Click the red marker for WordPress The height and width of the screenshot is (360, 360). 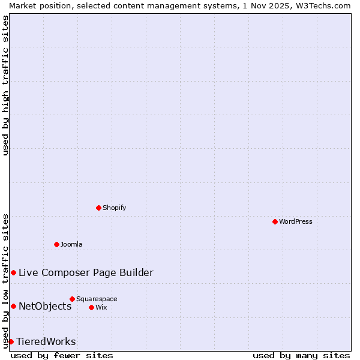(x=275, y=221)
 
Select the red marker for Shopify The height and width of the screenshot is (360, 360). (x=98, y=208)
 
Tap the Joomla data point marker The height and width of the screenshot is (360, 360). (x=56, y=244)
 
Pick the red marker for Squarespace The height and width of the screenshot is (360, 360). (x=72, y=299)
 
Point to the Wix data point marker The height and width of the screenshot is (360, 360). (x=91, y=307)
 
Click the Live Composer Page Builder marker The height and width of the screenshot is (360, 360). (x=13, y=272)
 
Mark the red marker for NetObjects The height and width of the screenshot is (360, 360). (x=13, y=306)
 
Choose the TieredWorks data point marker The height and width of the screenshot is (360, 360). (x=11, y=341)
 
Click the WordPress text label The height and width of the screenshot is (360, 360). (x=296, y=221)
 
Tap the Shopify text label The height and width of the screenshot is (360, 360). (x=115, y=208)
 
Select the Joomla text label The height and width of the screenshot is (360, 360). (x=71, y=244)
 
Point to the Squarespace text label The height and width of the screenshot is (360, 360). (x=97, y=299)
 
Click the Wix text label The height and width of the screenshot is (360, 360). (x=101, y=307)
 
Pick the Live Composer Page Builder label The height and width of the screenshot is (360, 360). (x=86, y=272)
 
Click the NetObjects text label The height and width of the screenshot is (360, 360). (x=45, y=306)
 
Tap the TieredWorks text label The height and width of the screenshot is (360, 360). (x=46, y=341)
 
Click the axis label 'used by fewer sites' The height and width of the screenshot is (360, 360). (x=62, y=355)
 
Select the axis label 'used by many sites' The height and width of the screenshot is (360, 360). (x=301, y=355)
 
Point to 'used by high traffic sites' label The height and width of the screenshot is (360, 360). (x=5, y=85)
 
